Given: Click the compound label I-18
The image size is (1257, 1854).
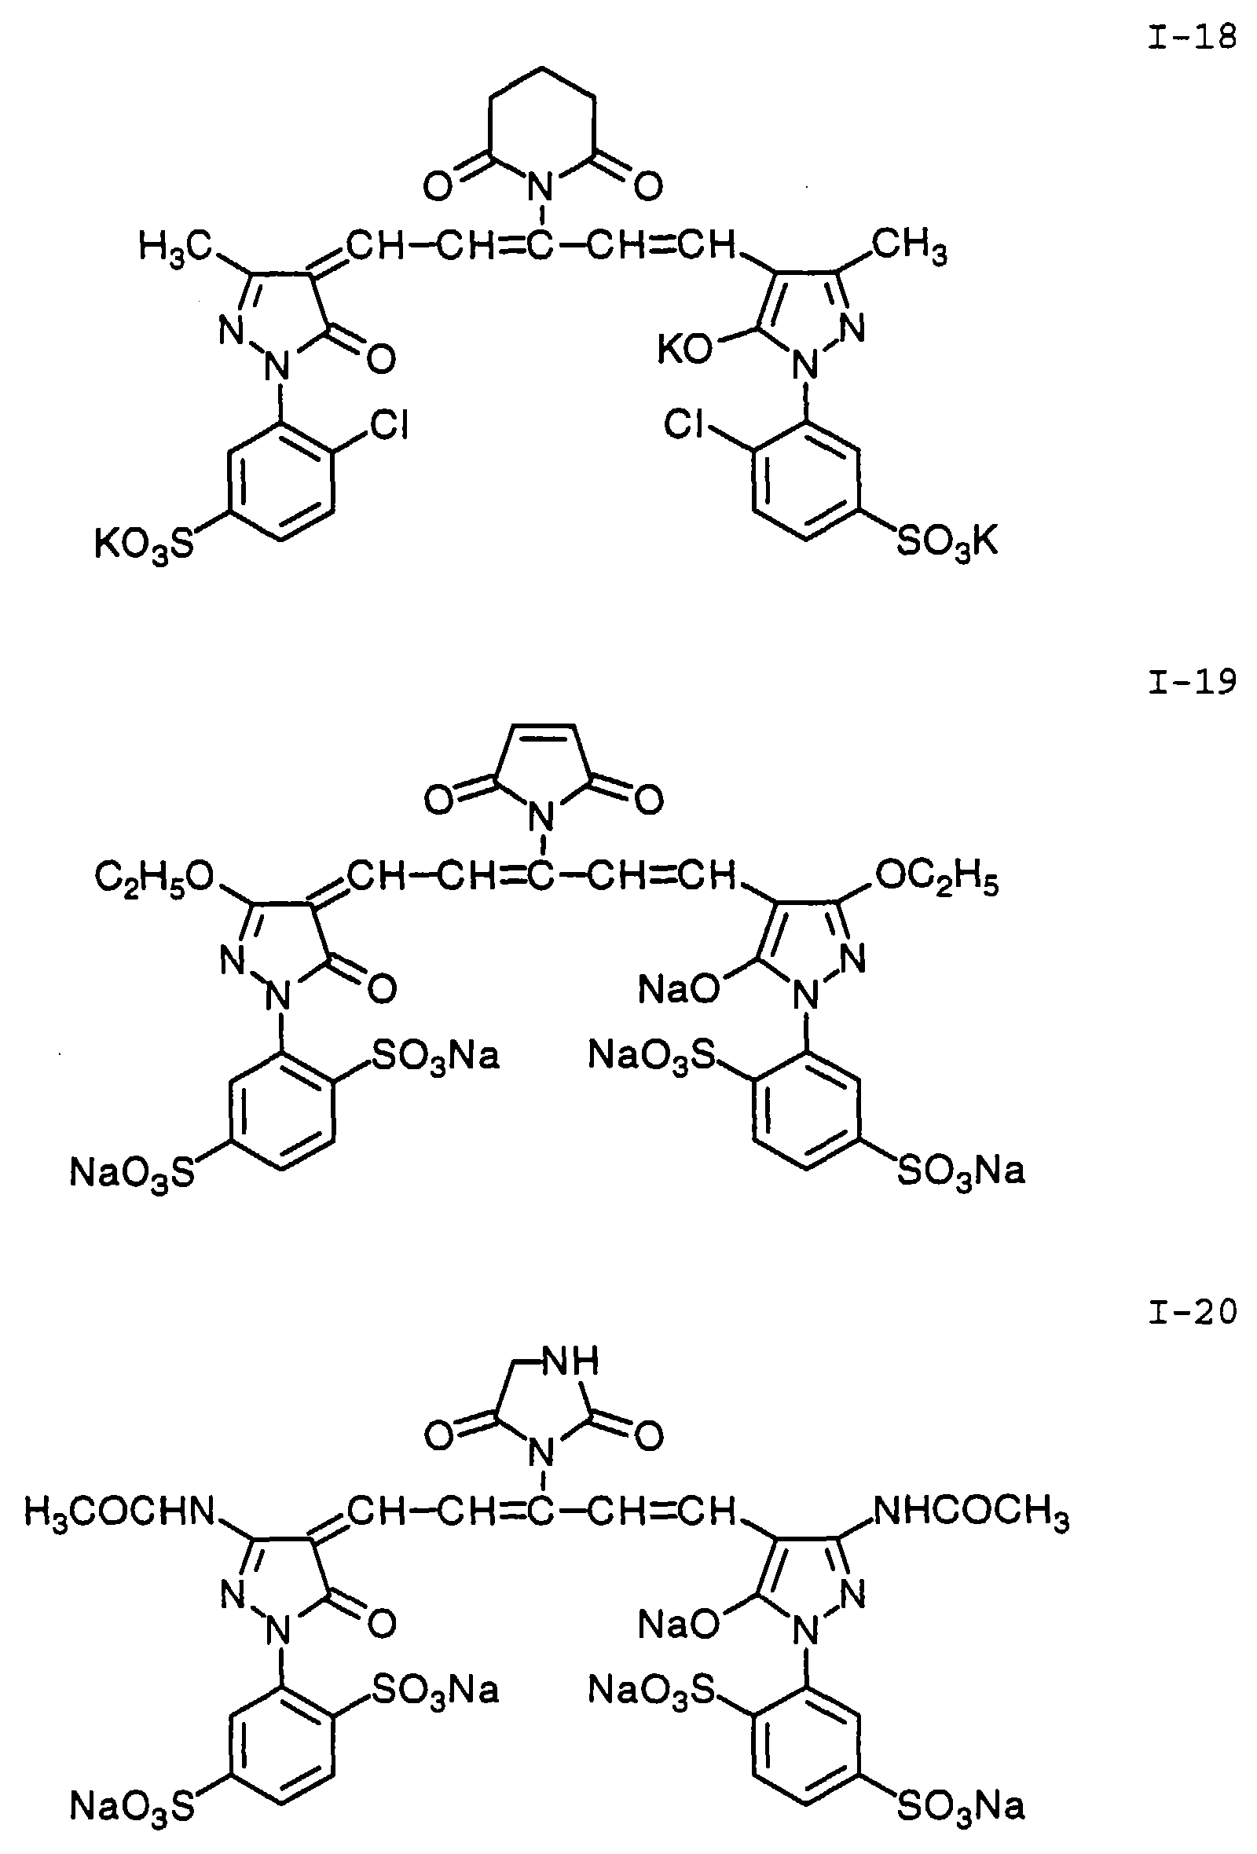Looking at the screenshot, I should coord(1192,38).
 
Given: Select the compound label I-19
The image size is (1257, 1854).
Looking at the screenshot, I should coord(1192,682).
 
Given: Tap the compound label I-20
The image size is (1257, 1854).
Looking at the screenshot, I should coord(1192,1311).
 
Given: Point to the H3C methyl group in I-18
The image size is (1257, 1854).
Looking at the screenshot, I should coord(174,246).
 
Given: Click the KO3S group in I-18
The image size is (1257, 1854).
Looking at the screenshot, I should coord(145,546).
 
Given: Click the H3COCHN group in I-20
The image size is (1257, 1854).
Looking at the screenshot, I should coord(119,1511).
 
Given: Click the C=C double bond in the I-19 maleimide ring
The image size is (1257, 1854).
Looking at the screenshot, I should coord(542,727).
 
